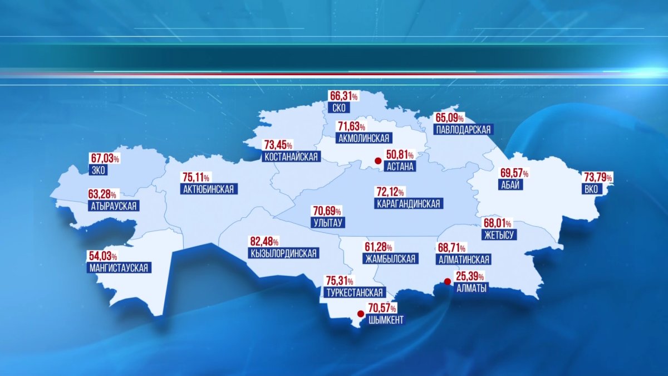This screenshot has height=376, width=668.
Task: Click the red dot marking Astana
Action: pos(377,162)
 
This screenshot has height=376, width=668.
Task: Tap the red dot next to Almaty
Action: pos(446,282)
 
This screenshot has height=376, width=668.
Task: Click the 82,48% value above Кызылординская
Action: pos(264,242)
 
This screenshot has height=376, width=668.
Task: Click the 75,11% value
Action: pos(195,178)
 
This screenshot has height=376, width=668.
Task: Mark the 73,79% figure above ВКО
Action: pos(597,178)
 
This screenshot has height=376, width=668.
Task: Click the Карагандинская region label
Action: pos(408,204)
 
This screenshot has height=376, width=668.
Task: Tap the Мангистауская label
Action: pos(119,268)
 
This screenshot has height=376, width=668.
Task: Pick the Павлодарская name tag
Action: pos(463,129)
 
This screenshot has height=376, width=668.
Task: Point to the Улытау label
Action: pos(329,223)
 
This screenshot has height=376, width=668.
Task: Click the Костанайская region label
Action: pos(291,157)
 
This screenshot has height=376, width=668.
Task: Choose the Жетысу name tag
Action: pos(499,235)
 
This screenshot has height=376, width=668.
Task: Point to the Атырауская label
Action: pos(113,206)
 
